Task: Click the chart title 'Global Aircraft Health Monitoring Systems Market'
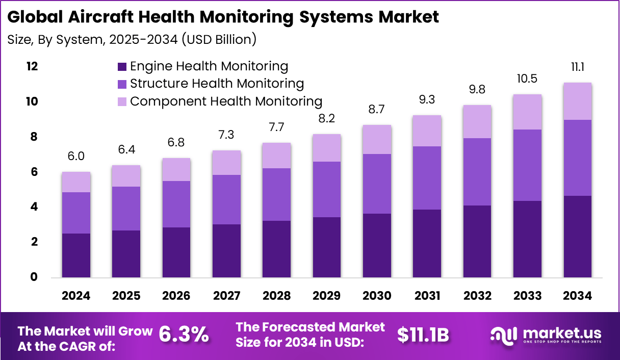[x=223, y=17]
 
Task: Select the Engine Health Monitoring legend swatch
[x=122, y=66]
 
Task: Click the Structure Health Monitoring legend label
[x=217, y=84]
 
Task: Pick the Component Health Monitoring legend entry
[x=226, y=101]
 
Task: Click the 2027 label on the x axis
[x=226, y=296]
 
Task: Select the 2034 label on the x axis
[x=577, y=296]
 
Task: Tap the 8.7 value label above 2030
[x=377, y=109]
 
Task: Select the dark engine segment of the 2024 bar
[x=76, y=255]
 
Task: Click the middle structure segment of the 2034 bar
[x=577, y=158]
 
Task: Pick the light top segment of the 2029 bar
[x=326, y=148]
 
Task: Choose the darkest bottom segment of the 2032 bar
[x=477, y=241]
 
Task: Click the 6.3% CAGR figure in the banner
[x=184, y=335]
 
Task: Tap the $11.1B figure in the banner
[x=423, y=335]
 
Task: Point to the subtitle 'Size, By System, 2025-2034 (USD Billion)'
[x=132, y=39]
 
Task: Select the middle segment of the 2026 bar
[x=176, y=204]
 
